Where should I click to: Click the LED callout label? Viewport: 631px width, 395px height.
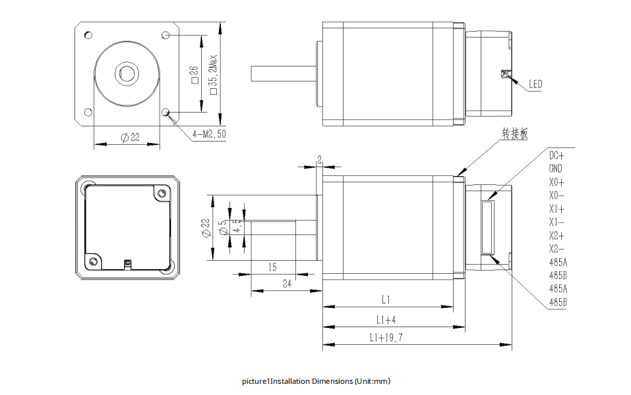point(535,84)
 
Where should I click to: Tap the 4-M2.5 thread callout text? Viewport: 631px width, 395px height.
point(209,134)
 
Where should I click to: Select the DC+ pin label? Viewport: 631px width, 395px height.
point(556,155)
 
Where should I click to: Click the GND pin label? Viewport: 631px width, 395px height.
point(555,169)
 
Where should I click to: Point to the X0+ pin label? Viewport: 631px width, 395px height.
point(556,182)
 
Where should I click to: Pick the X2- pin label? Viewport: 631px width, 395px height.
point(556,249)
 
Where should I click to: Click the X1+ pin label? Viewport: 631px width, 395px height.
point(556,209)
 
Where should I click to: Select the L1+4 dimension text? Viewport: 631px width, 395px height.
point(386,320)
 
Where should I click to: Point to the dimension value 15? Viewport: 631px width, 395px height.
point(272,267)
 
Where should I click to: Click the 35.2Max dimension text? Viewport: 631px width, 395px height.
point(213,72)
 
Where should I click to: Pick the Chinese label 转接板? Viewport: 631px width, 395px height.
point(514,134)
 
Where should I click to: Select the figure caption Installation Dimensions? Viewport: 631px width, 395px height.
point(316,381)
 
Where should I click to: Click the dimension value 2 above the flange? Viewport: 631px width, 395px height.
point(320,159)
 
